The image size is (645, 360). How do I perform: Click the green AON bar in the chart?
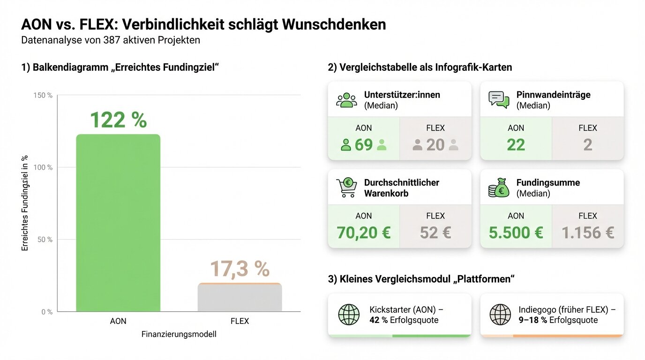[x=118, y=223]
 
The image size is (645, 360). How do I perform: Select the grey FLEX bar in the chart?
[x=240, y=298]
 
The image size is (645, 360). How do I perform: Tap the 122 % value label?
[x=118, y=120]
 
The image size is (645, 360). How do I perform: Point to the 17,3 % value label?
[x=240, y=269]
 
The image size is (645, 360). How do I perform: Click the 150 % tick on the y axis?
[x=44, y=95]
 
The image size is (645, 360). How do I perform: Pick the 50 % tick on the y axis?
[x=45, y=240]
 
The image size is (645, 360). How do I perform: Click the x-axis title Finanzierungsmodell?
[x=179, y=335]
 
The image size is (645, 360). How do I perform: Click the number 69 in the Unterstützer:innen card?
[x=364, y=145]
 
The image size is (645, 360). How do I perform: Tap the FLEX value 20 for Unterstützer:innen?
[x=435, y=145]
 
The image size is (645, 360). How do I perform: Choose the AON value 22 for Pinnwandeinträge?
[x=516, y=145]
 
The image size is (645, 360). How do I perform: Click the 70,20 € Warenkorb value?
[x=364, y=232]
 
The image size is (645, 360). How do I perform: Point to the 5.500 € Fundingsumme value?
[x=516, y=232]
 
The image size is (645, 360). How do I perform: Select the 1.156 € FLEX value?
[x=588, y=232]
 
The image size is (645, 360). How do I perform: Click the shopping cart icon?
[x=346, y=187]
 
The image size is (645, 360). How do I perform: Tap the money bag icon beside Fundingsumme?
[x=499, y=187]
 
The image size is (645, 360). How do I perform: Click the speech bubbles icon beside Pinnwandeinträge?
[x=499, y=99]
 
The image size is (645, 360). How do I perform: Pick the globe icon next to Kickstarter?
[x=349, y=315]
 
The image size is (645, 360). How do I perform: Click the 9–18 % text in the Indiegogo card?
[x=533, y=320]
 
